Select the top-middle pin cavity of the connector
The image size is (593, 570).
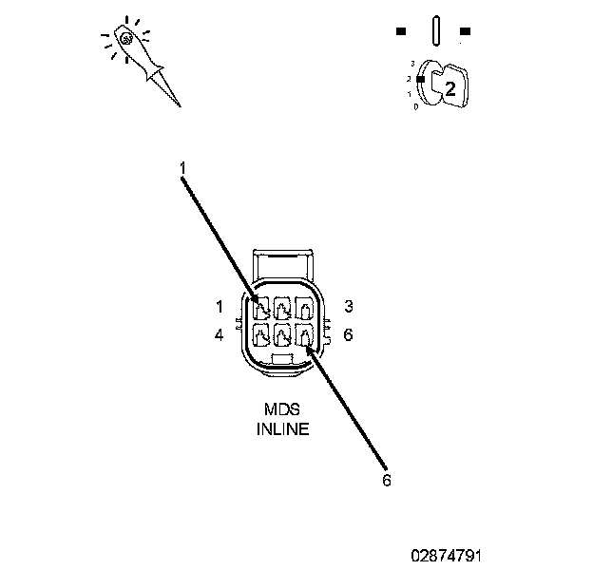point(283,309)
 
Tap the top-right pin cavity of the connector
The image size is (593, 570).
point(304,309)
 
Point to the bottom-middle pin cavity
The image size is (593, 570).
point(283,335)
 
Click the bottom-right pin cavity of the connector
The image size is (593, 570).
point(304,335)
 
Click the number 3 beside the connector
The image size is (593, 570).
point(349,306)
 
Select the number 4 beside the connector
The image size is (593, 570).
point(219,335)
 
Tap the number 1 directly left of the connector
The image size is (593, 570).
point(219,306)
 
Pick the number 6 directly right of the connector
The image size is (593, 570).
point(349,335)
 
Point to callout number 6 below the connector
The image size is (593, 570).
point(386,480)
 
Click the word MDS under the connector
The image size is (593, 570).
point(282,409)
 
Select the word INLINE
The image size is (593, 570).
point(282,428)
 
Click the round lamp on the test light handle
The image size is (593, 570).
point(126,39)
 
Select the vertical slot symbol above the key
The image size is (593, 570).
point(433,29)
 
